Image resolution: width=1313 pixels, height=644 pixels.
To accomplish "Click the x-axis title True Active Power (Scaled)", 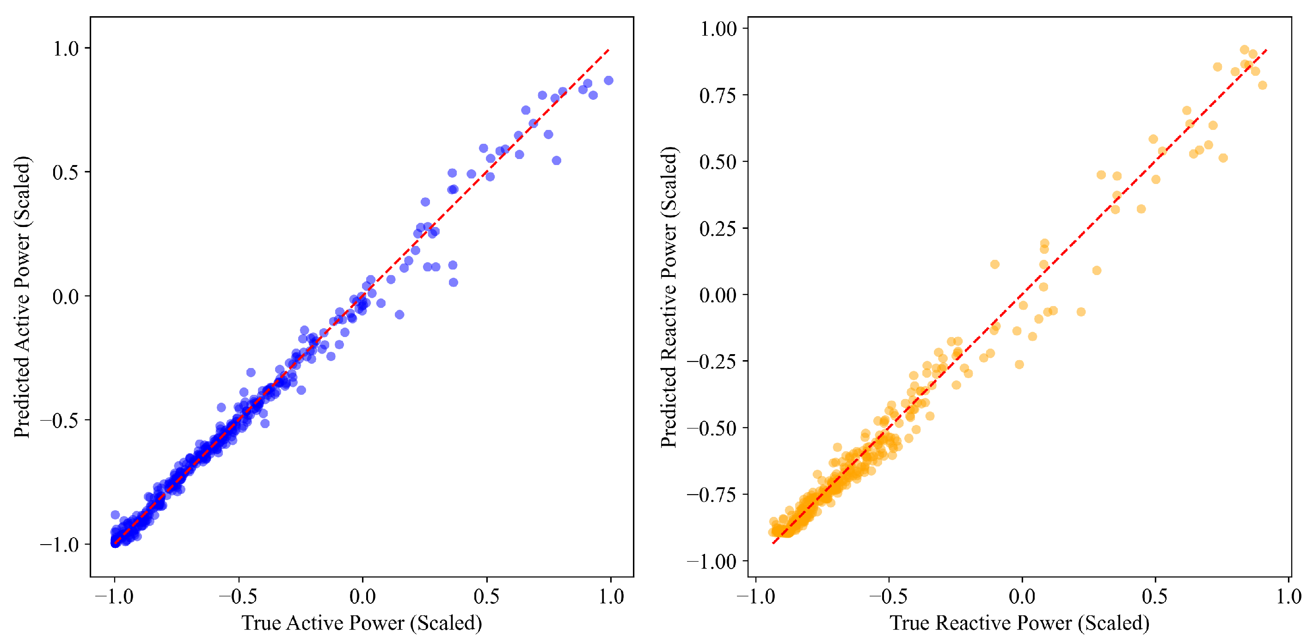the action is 362,623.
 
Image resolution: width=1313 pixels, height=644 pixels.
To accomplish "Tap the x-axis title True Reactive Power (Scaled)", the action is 1019,623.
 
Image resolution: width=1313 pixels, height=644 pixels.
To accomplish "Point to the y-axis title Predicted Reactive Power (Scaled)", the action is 669,296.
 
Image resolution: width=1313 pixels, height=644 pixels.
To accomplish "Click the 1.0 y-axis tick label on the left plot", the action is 66,49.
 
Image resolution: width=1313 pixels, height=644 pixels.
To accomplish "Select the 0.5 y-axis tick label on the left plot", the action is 66,172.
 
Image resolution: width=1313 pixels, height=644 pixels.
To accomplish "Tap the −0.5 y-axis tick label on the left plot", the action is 60,420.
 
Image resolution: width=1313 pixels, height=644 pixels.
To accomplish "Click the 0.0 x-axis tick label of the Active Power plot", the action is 362,596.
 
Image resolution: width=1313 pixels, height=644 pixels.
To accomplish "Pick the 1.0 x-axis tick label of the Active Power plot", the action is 611,596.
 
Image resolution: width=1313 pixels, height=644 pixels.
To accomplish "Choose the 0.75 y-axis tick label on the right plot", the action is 718,95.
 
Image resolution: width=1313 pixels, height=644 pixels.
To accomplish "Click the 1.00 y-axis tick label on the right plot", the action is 718,29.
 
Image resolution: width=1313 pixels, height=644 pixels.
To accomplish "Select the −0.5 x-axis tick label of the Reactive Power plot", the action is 889,596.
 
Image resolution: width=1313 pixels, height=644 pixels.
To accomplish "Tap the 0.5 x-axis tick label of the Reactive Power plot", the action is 1155,596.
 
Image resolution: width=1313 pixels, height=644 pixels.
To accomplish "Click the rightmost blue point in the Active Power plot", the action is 608,80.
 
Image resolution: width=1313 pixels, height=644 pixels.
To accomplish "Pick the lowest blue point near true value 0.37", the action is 453,282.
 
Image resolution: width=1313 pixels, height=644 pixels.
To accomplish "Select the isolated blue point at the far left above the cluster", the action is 115,515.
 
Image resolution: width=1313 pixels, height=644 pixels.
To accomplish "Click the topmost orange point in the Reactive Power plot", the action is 1244,49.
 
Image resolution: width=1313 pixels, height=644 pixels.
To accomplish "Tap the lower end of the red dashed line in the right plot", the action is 773,543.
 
